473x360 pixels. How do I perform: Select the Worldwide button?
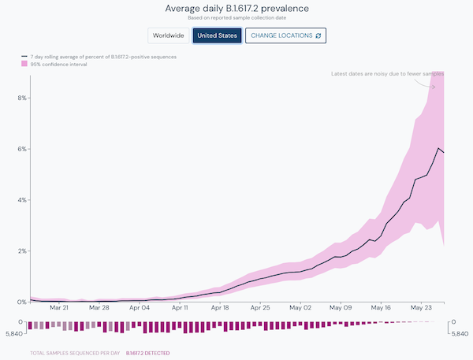168,35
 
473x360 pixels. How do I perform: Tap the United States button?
217,35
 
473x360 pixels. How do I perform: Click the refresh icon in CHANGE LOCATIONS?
318,35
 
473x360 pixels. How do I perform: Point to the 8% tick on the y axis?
22,98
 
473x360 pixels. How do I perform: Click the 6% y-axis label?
22,149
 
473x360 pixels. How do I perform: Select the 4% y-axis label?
22,200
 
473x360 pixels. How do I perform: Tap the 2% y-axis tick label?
22,251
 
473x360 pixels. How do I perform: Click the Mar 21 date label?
58,309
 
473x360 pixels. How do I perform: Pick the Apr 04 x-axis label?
140,309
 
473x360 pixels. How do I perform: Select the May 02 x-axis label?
300,309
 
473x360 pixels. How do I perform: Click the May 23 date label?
423,309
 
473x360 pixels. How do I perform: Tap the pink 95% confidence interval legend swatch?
25,65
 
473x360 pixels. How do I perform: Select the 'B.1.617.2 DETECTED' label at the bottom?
147,353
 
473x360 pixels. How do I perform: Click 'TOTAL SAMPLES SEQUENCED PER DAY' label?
74,353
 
